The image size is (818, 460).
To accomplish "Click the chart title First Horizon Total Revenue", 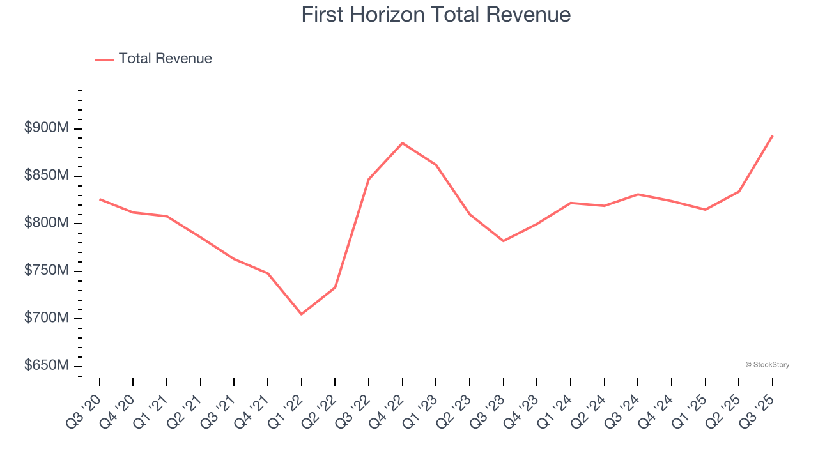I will [436, 15].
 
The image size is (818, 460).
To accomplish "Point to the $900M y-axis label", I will [47, 128].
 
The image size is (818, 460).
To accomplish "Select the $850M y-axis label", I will [47, 176].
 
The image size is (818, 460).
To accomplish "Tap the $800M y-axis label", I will [47, 223].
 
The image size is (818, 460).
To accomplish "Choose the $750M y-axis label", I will [47, 271].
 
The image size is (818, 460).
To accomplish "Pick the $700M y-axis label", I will [47, 318].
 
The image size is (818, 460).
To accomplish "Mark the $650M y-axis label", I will [47, 365].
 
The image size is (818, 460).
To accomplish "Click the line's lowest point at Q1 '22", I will [302, 314].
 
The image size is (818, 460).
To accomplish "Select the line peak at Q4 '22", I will [403, 143].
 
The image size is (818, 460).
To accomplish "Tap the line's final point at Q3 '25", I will [772, 135].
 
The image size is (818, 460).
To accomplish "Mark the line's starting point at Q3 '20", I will [100, 199].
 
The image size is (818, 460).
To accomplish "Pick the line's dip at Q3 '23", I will [504, 241].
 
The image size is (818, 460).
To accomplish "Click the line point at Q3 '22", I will [369, 179].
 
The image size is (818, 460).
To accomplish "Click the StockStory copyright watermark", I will [767, 365].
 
